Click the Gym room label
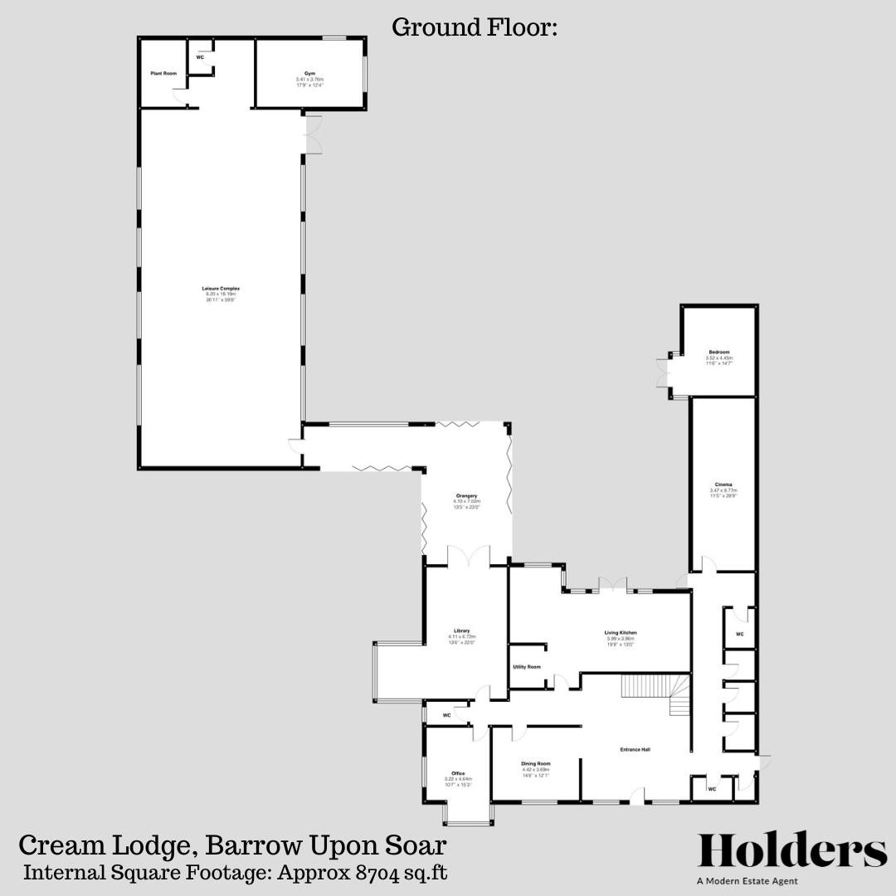pyautogui.click(x=309, y=73)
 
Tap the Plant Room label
pyautogui.click(x=163, y=74)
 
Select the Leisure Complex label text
pyautogui.click(x=222, y=288)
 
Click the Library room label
pyautogui.click(x=461, y=631)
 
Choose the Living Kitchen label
pyautogui.click(x=620, y=632)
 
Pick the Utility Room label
pyautogui.click(x=527, y=667)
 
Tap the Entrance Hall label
pyautogui.click(x=635, y=750)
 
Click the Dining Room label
pyautogui.click(x=535, y=763)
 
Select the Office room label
pyautogui.click(x=458, y=773)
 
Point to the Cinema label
pyautogui.click(x=723, y=485)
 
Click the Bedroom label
pyautogui.click(x=718, y=352)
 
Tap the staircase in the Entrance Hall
pyautogui.click(x=655, y=694)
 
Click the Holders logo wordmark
pyautogui.click(x=792, y=851)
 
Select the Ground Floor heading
pyautogui.click(x=474, y=27)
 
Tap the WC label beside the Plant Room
pyautogui.click(x=200, y=57)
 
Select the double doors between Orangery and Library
pyautogui.click(x=467, y=558)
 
